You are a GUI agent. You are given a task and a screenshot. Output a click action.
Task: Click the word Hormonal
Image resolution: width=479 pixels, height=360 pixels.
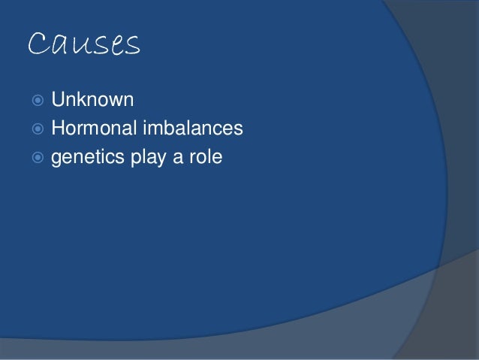pos(94,129)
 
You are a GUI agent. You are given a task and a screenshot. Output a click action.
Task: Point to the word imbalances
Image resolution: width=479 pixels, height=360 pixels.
pos(193,129)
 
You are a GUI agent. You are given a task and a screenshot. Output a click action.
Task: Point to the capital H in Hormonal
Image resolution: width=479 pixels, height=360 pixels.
pos(58,129)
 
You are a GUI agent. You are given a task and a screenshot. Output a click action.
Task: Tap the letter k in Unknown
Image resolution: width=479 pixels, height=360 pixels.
pos(83,99)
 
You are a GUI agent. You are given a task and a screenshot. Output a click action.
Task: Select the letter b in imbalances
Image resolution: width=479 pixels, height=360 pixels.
pos(167,129)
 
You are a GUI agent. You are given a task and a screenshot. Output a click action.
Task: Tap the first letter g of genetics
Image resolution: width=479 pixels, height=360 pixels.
pos(56,160)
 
